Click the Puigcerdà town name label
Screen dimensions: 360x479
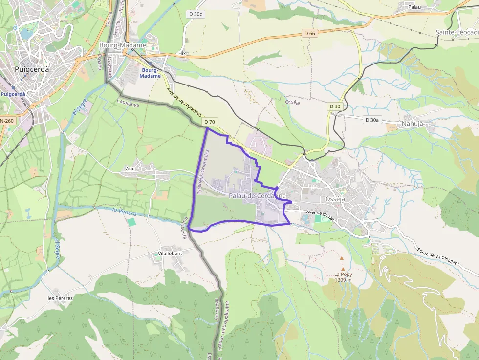coord(32,69)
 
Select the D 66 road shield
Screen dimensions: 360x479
coord(309,33)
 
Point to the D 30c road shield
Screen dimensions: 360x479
coord(195,14)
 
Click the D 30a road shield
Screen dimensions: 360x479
coord(372,120)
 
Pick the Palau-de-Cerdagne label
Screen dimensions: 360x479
coord(257,196)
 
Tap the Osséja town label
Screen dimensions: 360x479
coord(335,199)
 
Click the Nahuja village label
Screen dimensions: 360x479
coord(412,124)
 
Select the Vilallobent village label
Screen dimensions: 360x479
coord(170,254)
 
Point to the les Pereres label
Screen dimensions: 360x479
coord(60,298)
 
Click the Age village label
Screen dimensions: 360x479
coord(131,169)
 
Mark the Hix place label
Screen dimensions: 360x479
coord(182,53)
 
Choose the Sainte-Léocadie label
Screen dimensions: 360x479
coord(457,32)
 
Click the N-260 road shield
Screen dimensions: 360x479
coord(6,121)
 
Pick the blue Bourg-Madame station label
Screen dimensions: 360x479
coord(151,73)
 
